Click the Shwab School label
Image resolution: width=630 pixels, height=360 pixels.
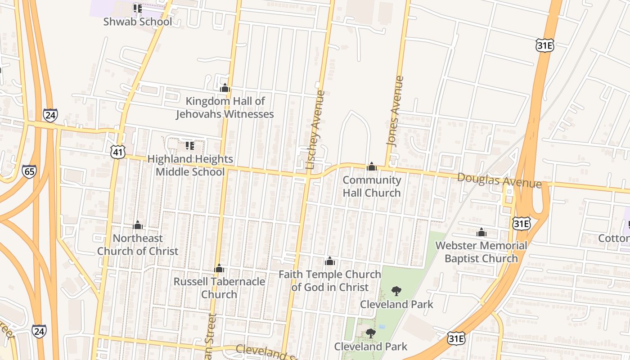(x=137, y=22)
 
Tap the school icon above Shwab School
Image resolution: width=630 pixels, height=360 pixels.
(x=137, y=8)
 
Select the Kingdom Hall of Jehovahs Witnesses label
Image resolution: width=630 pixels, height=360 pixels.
(x=225, y=108)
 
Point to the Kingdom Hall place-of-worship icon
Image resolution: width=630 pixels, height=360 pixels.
(x=225, y=88)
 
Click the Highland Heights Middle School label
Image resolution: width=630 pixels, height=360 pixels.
(x=190, y=165)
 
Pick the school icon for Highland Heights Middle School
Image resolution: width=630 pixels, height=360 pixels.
(x=190, y=146)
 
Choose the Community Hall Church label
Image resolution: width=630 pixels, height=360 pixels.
(x=372, y=186)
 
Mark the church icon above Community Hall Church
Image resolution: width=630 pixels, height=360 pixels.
(x=371, y=166)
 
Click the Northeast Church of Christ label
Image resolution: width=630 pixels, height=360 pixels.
(x=138, y=244)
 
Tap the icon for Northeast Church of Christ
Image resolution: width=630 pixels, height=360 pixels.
(x=138, y=225)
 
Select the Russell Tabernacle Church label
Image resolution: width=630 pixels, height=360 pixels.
(x=219, y=288)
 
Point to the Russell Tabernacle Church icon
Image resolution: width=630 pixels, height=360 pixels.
(x=219, y=269)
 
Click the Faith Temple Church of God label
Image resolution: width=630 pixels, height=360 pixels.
(x=330, y=280)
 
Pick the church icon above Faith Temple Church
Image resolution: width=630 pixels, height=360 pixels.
(x=329, y=261)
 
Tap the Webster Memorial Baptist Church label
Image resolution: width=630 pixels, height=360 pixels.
(x=481, y=252)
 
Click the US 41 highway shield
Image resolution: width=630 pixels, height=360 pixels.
(x=118, y=153)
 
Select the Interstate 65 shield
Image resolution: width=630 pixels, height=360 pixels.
(x=29, y=171)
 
